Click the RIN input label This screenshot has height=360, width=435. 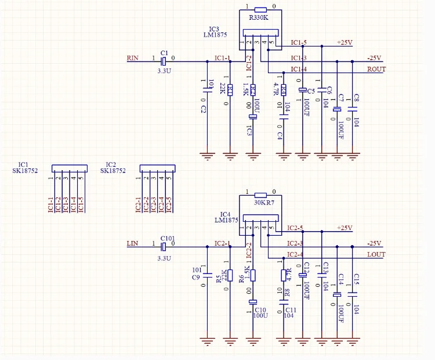(133, 58)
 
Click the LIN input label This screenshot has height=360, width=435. (132, 243)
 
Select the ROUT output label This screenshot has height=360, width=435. (376, 70)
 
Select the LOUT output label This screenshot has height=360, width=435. (376, 255)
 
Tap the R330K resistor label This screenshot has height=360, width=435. (259, 18)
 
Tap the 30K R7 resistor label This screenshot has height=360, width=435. (264, 203)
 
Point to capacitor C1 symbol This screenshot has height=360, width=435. (164, 60)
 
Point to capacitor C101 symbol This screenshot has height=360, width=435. (164, 246)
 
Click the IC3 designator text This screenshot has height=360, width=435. (214, 28)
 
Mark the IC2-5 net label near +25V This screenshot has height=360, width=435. (295, 228)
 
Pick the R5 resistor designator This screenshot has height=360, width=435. (219, 279)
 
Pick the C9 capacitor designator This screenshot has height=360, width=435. (195, 278)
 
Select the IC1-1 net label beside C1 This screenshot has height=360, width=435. (222, 58)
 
